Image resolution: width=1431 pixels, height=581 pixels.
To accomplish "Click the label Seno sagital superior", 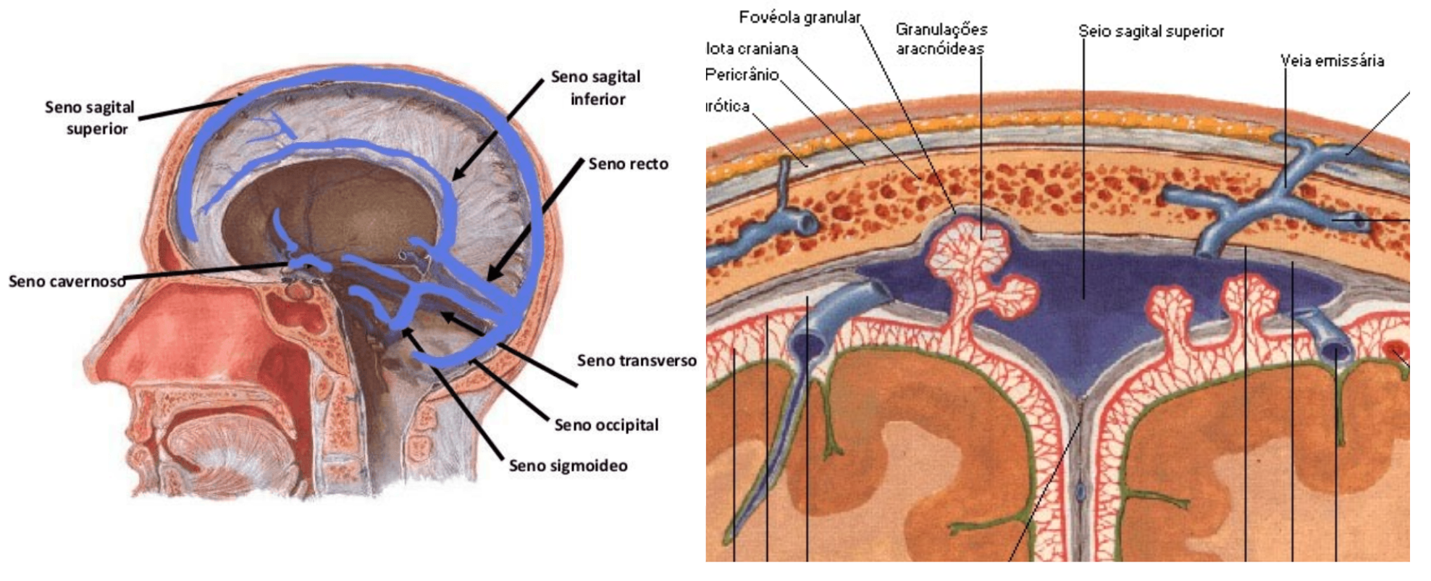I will [x=90, y=118].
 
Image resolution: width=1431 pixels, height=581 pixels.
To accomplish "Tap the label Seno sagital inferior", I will [x=596, y=88].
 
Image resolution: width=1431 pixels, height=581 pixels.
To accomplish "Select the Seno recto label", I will [x=628, y=164].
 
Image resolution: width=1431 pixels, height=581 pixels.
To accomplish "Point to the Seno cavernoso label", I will [x=67, y=282].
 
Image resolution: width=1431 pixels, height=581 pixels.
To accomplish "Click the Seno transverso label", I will [x=637, y=361].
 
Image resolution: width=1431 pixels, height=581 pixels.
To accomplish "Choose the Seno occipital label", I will [x=606, y=425].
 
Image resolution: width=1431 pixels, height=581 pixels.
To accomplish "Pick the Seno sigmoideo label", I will [x=568, y=466].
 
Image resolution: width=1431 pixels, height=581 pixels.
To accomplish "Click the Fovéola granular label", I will [x=800, y=17].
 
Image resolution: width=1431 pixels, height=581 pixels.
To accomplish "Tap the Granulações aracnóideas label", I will [x=941, y=39].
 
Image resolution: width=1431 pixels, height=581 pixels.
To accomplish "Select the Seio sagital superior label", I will [x=1151, y=31].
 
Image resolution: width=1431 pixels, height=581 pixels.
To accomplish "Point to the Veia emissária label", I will [x=1332, y=61].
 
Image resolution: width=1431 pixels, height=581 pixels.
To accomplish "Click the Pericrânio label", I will [x=742, y=75].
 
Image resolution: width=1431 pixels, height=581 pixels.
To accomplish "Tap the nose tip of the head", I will [x=93, y=355].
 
